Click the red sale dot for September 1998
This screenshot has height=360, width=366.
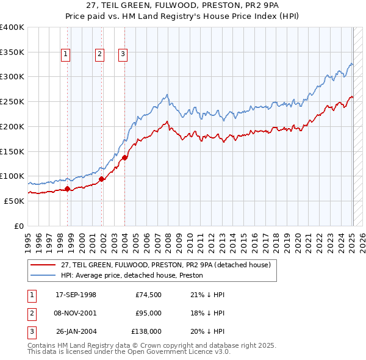click(68, 189)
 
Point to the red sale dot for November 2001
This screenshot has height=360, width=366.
click(102, 179)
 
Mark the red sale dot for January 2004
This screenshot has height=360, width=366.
click(124, 157)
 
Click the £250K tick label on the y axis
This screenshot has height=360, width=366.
click(12, 102)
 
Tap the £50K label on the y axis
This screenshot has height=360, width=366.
click(14, 201)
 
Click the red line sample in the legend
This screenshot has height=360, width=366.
click(43, 264)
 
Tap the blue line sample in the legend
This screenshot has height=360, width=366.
click(43, 275)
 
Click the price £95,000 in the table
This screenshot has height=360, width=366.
click(148, 313)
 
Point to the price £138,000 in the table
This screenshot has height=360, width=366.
click(146, 331)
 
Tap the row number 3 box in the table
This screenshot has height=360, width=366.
click(31, 331)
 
